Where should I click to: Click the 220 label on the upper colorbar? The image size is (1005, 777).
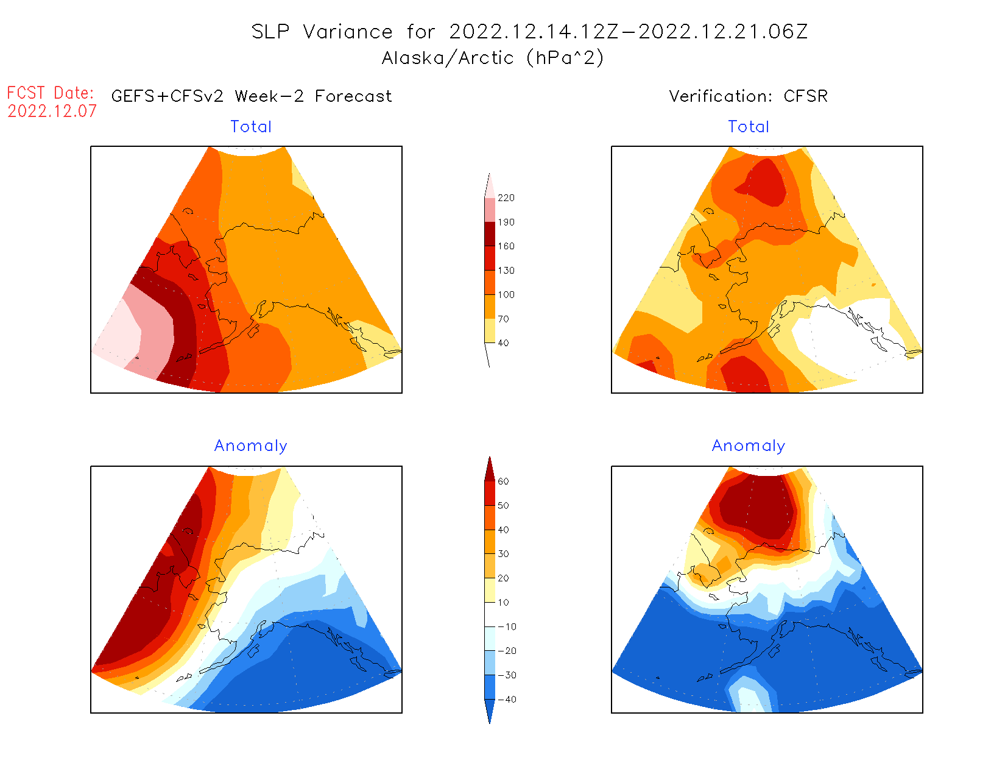coord(506,198)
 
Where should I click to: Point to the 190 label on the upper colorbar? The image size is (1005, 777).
coord(506,222)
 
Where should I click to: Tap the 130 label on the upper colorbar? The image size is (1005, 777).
coord(506,271)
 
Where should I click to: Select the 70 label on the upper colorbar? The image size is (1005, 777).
coord(503,319)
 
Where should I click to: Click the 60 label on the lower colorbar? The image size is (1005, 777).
coord(503,481)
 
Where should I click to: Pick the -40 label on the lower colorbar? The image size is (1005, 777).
coord(506,700)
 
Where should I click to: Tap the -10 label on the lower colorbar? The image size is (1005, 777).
coord(506,626)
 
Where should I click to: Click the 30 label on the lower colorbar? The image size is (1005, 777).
coord(503,554)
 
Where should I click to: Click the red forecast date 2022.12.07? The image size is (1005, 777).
coord(52,111)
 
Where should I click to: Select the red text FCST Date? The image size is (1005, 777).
coord(51,93)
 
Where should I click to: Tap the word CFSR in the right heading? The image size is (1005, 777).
coord(805,96)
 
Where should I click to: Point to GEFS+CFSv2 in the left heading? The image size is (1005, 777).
coord(167,96)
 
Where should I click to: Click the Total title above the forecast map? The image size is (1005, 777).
coord(251,127)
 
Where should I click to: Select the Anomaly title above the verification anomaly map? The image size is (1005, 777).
coord(748,446)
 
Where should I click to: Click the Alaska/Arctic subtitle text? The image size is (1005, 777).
coord(448,58)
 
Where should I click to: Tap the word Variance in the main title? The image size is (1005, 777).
coord(348,32)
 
